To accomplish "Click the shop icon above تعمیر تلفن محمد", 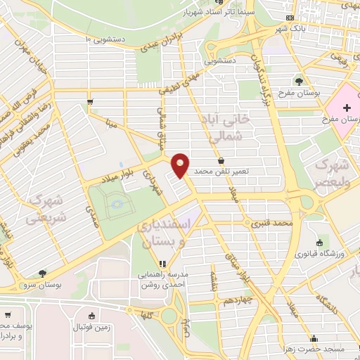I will tap(221, 161).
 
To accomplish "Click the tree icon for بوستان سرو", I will tap(42, 272).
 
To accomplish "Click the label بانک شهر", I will tap(273, 27).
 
